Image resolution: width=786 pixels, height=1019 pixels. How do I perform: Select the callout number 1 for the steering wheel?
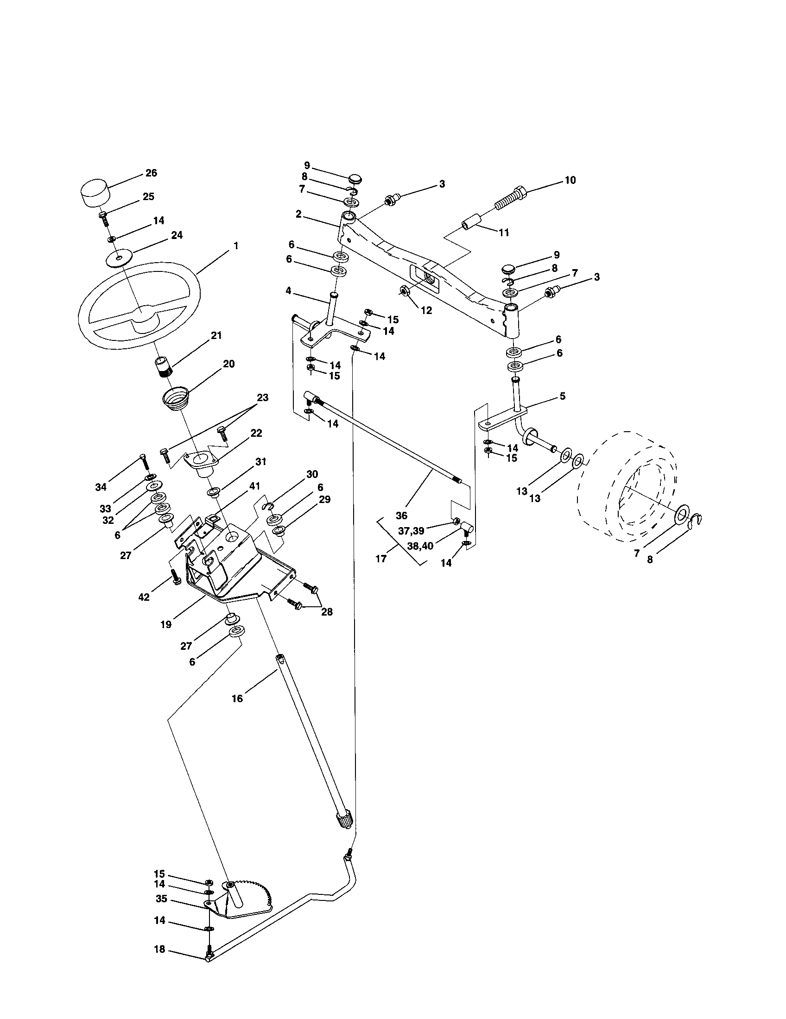pyautogui.click(x=236, y=245)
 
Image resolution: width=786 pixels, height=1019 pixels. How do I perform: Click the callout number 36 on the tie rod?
pyautogui.click(x=401, y=516)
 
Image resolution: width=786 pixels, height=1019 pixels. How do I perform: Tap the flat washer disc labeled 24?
pyautogui.click(x=120, y=258)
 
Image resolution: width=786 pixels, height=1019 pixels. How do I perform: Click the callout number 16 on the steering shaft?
pyautogui.click(x=237, y=698)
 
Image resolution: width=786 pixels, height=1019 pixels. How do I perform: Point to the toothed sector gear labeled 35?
pyautogui.click(x=252, y=896)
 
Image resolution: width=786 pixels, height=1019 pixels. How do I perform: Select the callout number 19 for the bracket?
pyautogui.click(x=166, y=624)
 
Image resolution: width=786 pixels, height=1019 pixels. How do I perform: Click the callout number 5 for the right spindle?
pyautogui.click(x=562, y=396)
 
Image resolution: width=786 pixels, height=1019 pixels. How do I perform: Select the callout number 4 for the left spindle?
pyautogui.click(x=288, y=291)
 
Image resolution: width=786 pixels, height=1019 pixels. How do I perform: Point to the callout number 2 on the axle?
pyautogui.click(x=298, y=214)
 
